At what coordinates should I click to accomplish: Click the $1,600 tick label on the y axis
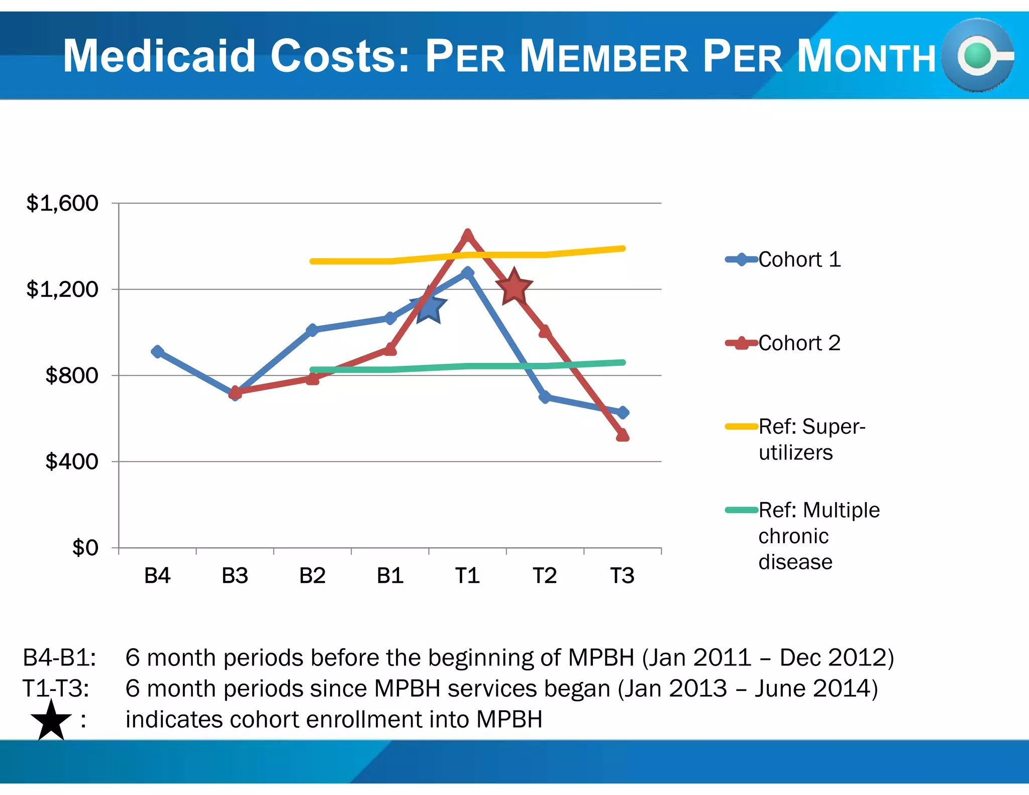(x=62, y=204)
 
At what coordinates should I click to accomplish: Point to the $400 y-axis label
(x=71, y=461)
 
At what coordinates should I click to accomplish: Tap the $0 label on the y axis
(x=85, y=548)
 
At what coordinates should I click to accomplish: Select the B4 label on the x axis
(x=157, y=575)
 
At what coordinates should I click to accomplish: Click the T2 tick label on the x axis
(x=545, y=575)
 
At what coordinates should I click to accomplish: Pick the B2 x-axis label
(x=312, y=575)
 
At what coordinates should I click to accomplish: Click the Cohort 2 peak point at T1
(x=467, y=235)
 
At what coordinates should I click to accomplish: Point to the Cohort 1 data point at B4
(x=157, y=351)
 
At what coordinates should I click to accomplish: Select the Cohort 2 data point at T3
(x=623, y=435)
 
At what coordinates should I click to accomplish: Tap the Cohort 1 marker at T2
(x=545, y=397)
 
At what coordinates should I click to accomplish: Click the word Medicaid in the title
(x=159, y=56)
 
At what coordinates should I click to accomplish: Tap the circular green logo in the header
(x=978, y=56)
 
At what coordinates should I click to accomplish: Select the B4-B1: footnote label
(x=59, y=658)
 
